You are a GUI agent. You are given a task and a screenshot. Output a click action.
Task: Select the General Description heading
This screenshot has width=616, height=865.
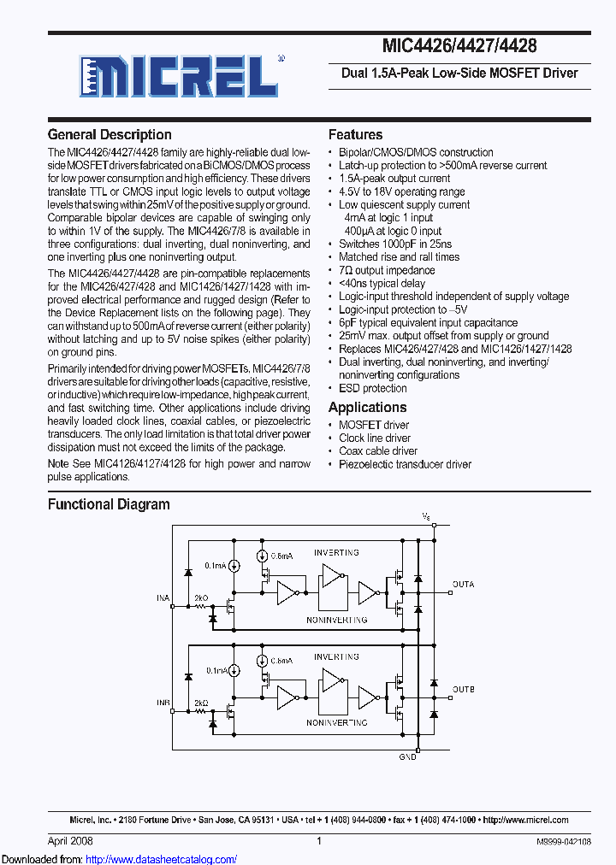click(110, 134)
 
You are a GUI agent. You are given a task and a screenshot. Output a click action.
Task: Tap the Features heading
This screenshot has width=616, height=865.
click(355, 134)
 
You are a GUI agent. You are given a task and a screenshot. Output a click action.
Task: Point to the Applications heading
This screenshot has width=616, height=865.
click(367, 408)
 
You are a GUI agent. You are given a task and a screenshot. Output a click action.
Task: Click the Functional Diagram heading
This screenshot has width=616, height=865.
click(109, 504)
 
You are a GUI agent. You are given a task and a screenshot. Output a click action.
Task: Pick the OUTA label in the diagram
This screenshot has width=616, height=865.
click(463, 585)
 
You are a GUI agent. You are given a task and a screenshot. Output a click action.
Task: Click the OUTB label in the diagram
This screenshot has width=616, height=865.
click(463, 689)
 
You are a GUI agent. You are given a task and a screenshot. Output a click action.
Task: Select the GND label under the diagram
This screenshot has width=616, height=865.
click(408, 757)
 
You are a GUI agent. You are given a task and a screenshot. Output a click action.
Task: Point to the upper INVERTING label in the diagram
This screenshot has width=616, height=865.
click(336, 553)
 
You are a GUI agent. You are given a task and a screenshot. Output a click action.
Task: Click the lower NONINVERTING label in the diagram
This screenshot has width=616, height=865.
click(336, 723)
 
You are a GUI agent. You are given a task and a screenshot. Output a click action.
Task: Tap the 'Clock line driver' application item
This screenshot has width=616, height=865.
click(375, 438)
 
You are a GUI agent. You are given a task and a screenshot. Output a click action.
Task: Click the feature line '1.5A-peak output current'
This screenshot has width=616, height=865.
click(394, 178)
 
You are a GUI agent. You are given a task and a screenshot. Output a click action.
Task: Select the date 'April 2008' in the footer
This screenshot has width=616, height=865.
click(70, 841)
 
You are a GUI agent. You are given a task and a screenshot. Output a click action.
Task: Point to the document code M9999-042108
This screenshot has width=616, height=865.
click(557, 842)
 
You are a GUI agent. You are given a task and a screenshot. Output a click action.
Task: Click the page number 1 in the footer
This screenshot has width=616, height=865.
click(318, 841)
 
